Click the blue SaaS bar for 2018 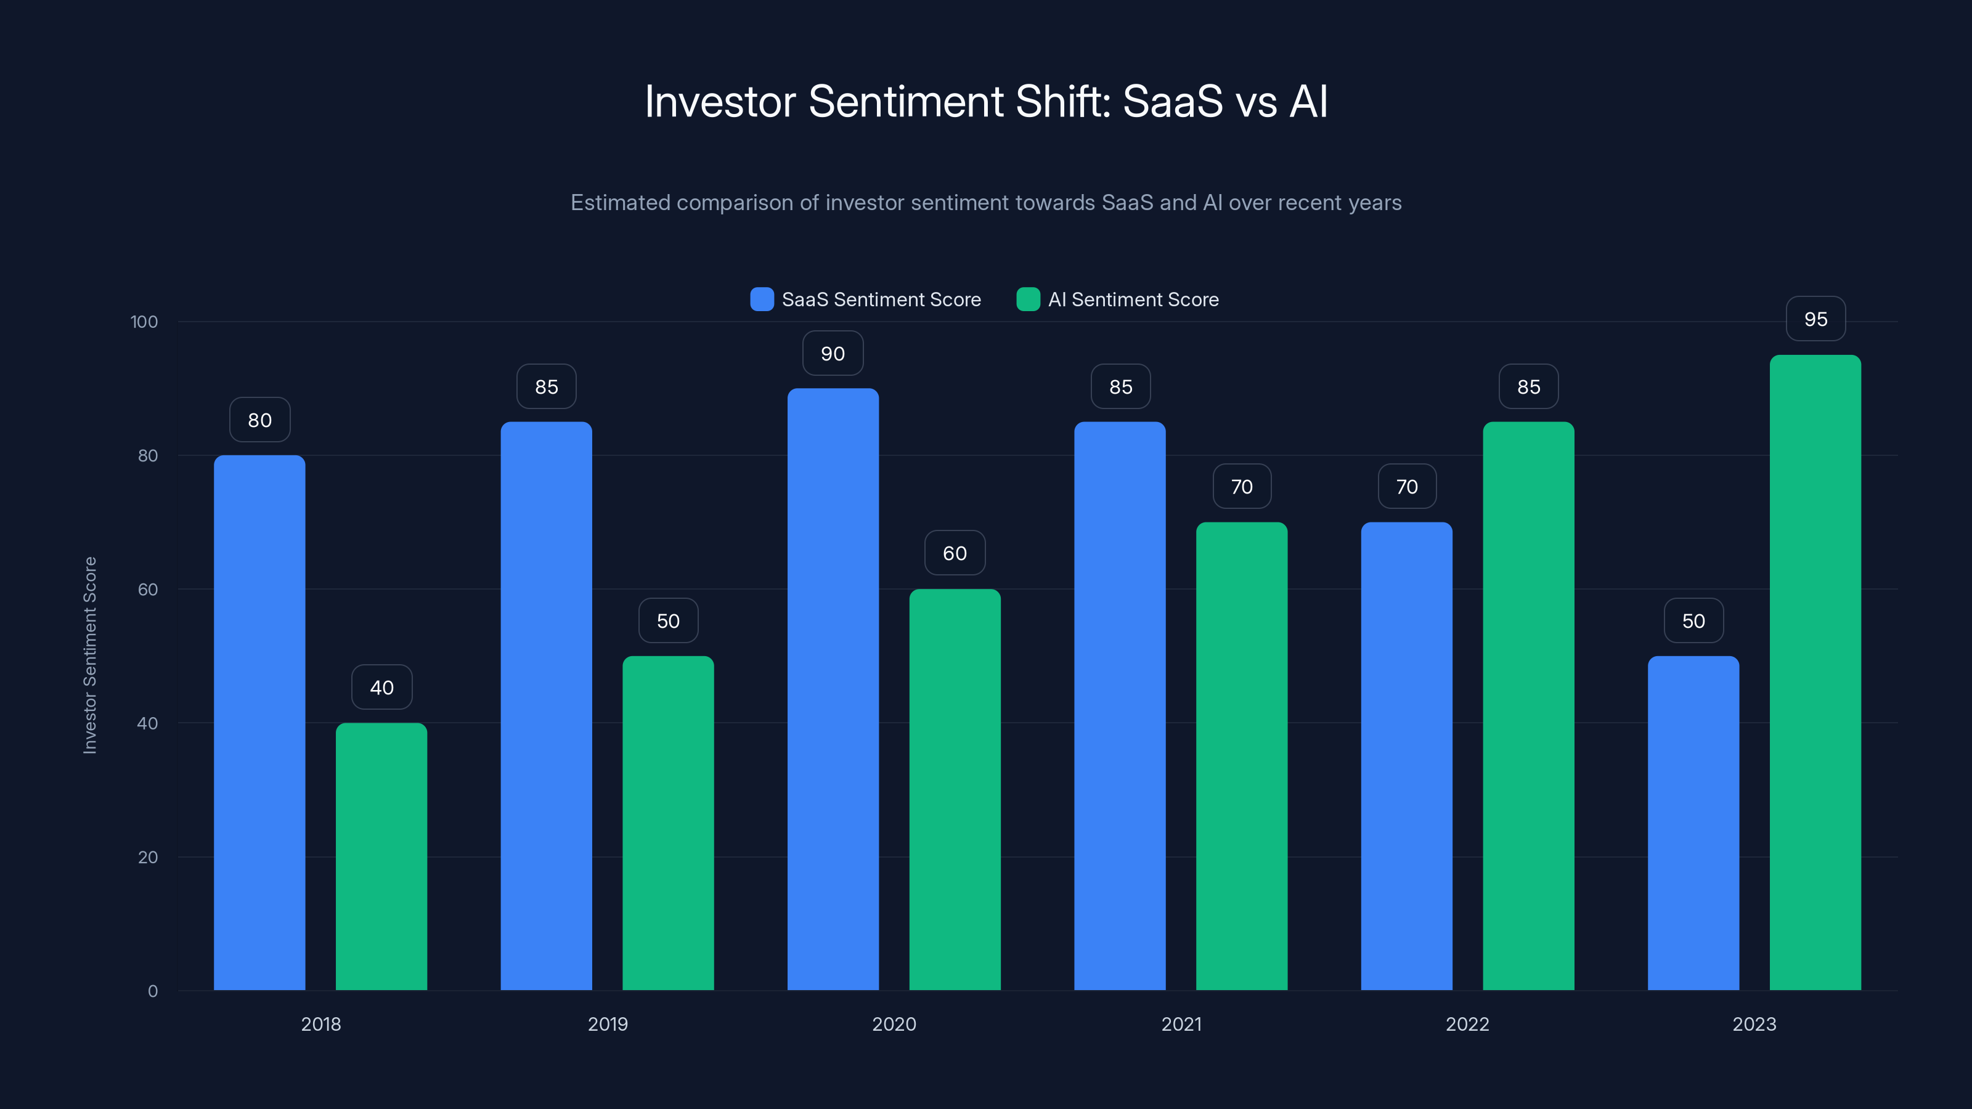(x=259, y=723)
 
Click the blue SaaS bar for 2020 (x=833, y=689)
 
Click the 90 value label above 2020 (x=833, y=354)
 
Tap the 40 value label (x=382, y=688)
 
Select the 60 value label (x=955, y=553)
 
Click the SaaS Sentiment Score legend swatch (x=762, y=299)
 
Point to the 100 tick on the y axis (x=144, y=322)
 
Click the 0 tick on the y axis (x=152, y=991)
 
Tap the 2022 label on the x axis (x=1467, y=1024)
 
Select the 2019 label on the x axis (x=607, y=1024)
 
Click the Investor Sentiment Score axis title (x=89, y=655)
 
